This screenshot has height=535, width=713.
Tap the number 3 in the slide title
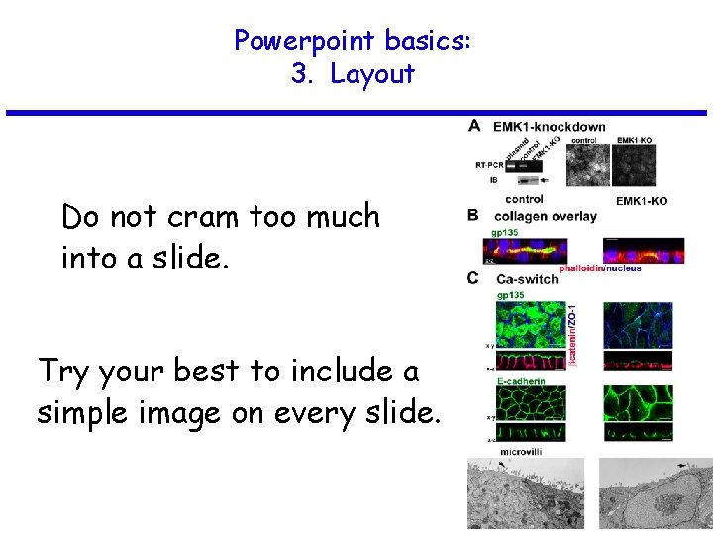(x=300, y=74)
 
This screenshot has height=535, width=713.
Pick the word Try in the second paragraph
(x=65, y=372)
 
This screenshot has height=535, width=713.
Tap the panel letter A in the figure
(x=474, y=127)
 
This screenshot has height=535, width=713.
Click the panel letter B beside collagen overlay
(x=473, y=215)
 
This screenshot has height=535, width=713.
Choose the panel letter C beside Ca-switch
(x=473, y=278)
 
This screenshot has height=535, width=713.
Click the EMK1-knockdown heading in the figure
(x=549, y=127)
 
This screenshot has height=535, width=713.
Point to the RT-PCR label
(x=489, y=164)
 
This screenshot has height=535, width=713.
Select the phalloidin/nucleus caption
(x=599, y=267)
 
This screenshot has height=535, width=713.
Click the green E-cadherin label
(x=524, y=380)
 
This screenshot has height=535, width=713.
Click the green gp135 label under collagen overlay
(x=507, y=232)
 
